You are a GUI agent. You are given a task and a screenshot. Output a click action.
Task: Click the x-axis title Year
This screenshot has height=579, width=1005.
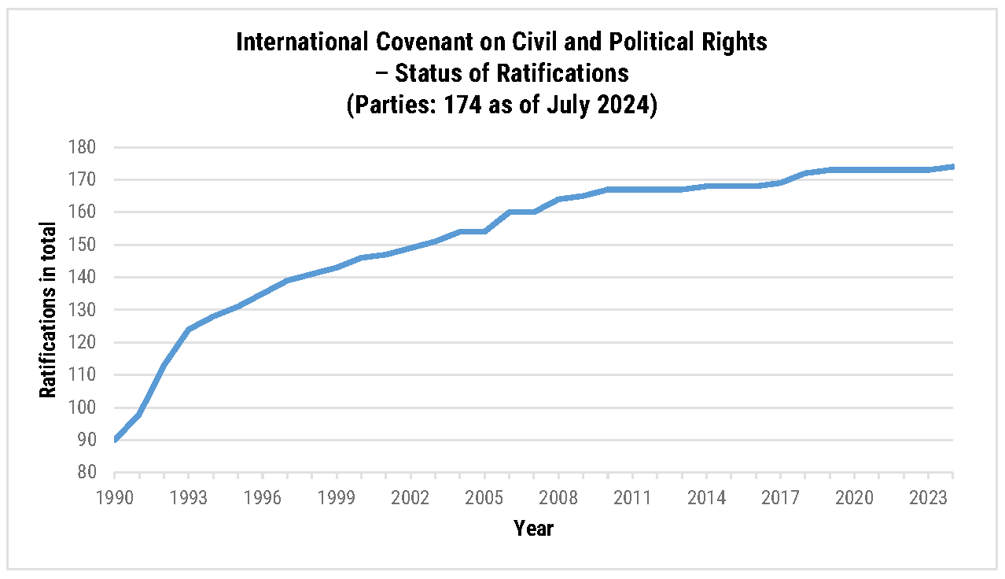[534, 528]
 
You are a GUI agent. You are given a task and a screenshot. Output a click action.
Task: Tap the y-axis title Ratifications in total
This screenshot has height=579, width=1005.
[49, 310]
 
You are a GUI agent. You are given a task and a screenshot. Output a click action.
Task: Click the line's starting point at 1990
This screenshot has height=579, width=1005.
[115, 440]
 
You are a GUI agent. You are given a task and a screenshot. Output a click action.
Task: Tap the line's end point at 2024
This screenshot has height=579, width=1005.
[953, 167]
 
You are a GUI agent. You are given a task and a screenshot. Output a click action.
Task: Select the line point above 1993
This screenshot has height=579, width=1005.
[189, 329]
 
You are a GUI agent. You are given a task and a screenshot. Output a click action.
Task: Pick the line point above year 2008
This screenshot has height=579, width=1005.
[558, 199]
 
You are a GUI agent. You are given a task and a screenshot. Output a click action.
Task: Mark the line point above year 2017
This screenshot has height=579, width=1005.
[781, 183]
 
